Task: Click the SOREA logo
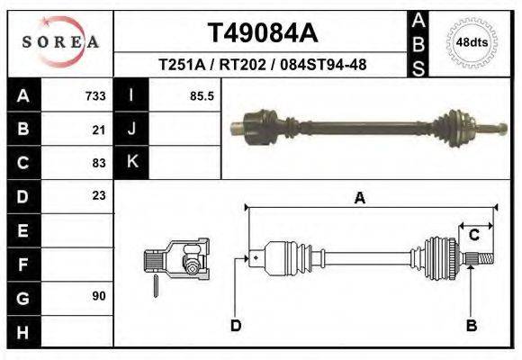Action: (x=60, y=42)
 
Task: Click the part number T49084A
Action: (x=262, y=34)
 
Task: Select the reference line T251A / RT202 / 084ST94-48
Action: (x=262, y=65)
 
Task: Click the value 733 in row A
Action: (x=95, y=96)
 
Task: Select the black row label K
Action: (x=131, y=163)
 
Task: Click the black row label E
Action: (x=22, y=229)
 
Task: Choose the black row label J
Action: (x=131, y=130)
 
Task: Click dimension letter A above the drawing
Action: (x=360, y=199)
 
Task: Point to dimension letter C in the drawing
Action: (x=474, y=236)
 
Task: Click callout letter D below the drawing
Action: (x=236, y=326)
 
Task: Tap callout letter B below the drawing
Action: (x=471, y=326)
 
